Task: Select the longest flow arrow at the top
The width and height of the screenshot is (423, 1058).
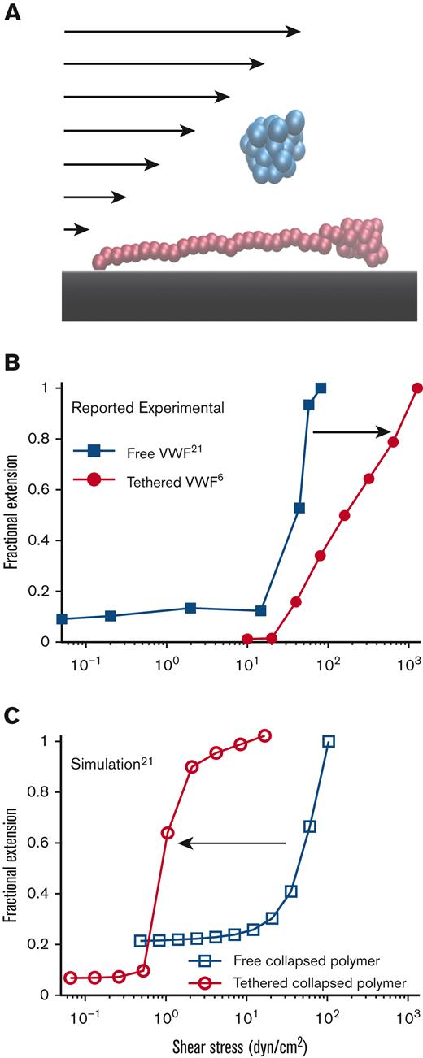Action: [x=182, y=31]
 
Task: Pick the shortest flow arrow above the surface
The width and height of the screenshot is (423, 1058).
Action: [x=76, y=230]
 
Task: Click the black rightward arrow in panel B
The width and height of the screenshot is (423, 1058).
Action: [x=352, y=433]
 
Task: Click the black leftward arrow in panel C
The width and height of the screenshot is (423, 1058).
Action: [x=232, y=843]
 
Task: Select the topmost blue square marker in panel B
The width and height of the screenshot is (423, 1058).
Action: [x=321, y=388]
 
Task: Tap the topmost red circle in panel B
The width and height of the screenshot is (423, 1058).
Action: [x=417, y=388]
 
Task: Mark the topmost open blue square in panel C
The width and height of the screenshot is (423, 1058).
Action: [x=329, y=741]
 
